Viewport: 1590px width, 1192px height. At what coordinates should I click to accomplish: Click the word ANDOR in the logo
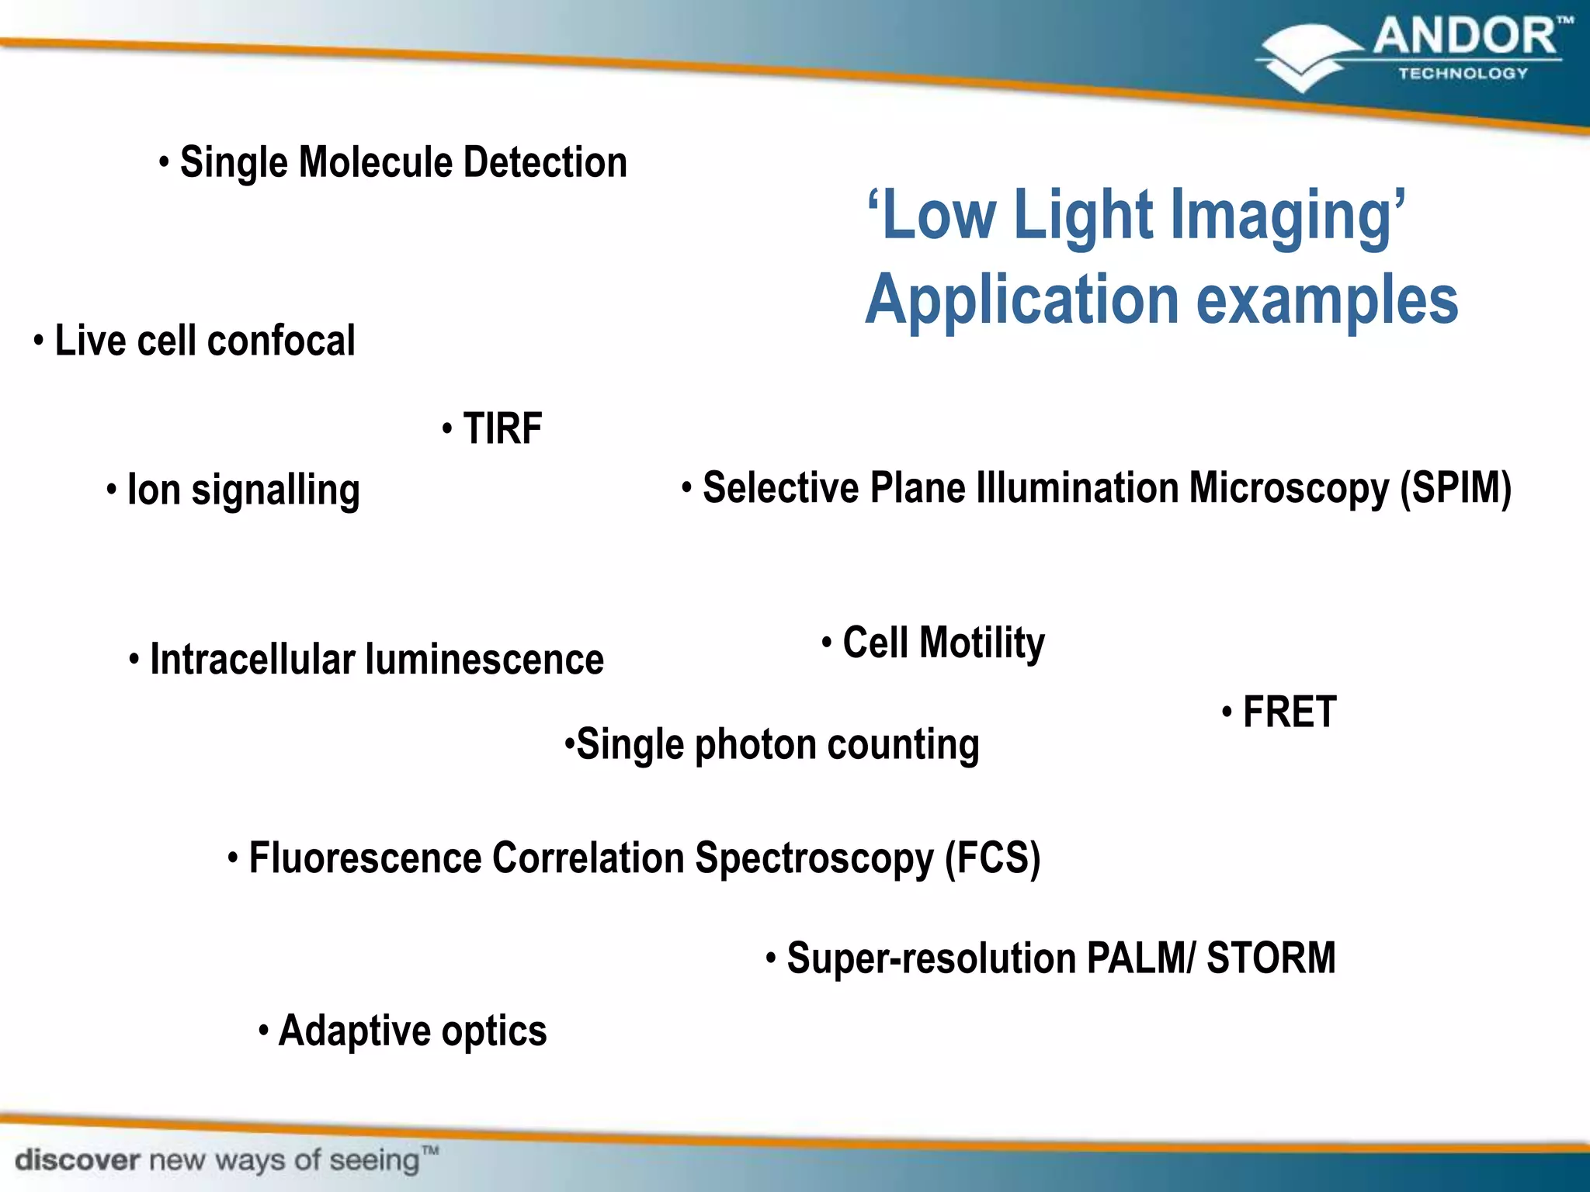(x=1463, y=37)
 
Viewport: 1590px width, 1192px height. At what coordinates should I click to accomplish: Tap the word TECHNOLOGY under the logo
(x=1463, y=74)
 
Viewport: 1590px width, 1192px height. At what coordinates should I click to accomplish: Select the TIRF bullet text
(x=502, y=428)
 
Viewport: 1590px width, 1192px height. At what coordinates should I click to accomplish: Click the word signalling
(x=276, y=491)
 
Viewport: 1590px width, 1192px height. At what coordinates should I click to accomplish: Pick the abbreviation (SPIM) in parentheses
(x=1456, y=489)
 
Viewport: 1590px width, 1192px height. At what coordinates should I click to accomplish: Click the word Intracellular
(x=252, y=660)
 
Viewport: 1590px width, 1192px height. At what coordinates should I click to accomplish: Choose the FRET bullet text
(x=1290, y=712)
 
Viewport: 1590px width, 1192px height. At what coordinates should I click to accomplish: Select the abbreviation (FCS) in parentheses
(x=992, y=859)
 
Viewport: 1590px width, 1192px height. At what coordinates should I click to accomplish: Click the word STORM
(x=1271, y=958)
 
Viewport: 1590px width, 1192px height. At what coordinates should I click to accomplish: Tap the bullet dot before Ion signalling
(x=112, y=490)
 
